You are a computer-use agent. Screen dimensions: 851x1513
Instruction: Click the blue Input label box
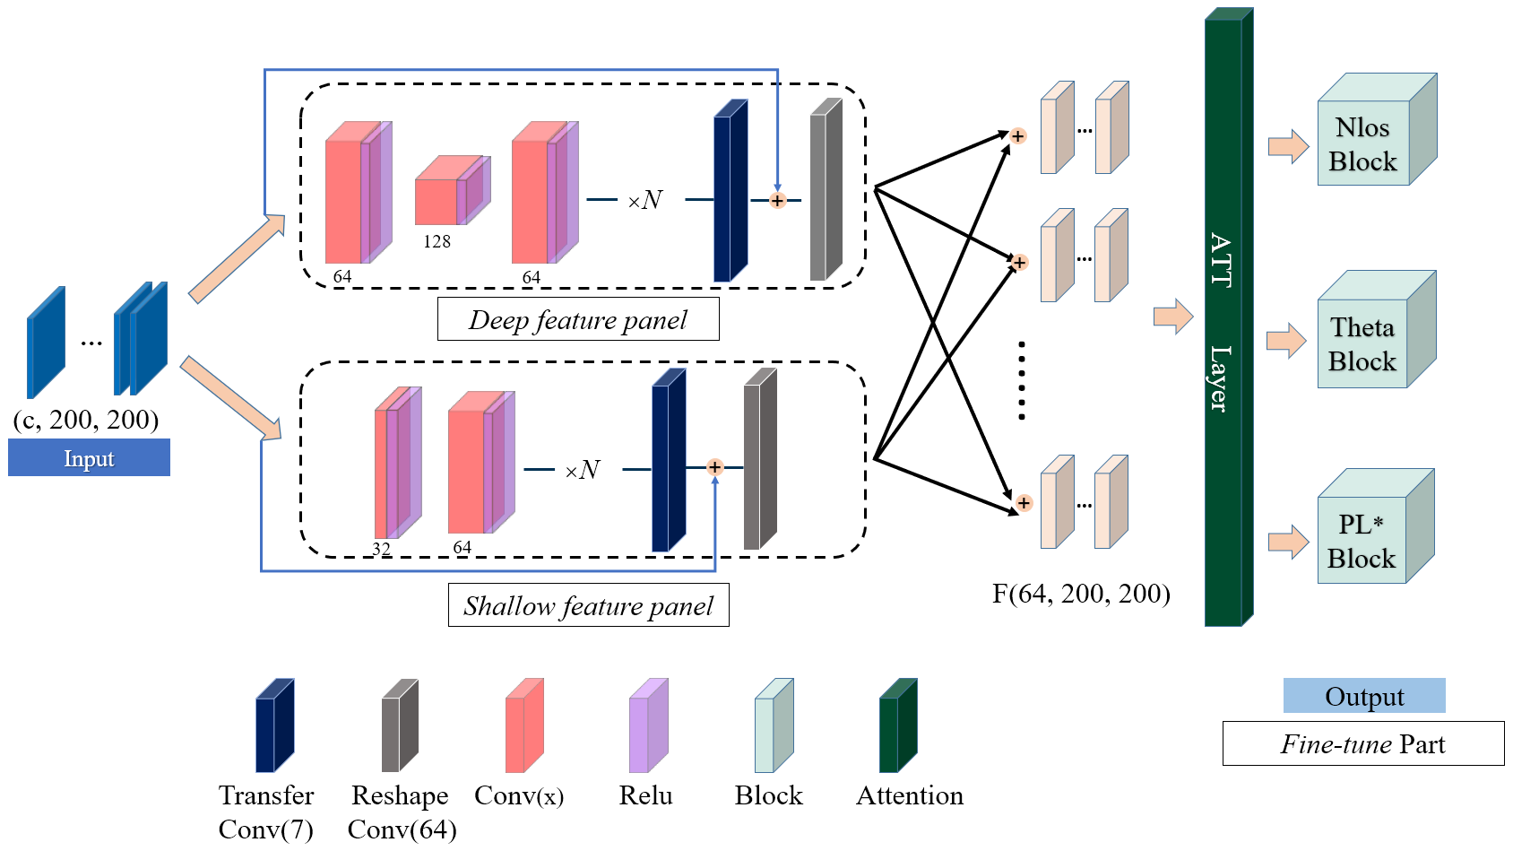(89, 458)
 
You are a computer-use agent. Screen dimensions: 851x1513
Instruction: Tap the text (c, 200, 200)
(86, 420)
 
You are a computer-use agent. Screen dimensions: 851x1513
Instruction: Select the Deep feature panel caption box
(578, 320)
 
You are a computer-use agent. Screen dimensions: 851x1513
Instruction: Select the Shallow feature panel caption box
(588, 606)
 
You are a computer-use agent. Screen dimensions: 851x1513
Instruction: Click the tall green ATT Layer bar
(1224, 323)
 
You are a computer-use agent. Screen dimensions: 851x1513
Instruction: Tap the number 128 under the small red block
(437, 241)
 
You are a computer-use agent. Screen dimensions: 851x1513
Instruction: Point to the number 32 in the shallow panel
(381, 549)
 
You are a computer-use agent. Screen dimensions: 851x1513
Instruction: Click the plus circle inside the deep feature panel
(777, 201)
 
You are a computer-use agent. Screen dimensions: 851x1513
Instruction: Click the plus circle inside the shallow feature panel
(714, 467)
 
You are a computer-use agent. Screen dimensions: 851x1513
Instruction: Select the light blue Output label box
(1364, 697)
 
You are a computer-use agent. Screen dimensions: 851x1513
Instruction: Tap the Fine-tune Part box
(1363, 744)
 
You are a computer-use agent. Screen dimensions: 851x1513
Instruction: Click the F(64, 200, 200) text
(1081, 594)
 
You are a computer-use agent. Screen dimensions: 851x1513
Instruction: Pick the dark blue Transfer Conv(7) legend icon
(274, 726)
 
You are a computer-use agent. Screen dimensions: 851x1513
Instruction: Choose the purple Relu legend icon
(648, 726)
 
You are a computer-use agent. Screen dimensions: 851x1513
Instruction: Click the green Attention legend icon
(897, 726)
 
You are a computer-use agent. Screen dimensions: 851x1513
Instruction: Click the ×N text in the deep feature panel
(644, 200)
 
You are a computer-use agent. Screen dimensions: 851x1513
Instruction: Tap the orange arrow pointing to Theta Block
(1285, 341)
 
